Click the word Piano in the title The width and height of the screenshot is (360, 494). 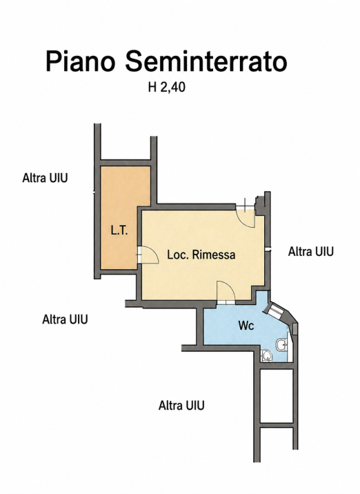click(x=80, y=61)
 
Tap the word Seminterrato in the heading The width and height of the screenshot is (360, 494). click(x=206, y=61)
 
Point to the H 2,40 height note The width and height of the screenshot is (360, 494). click(x=167, y=87)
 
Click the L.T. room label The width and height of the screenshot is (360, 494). click(x=119, y=231)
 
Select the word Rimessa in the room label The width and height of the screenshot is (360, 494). click(x=214, y=255)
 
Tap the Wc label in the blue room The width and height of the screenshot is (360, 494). click(x=246, y=326)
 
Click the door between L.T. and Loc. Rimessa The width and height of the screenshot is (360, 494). click(x=148, y=255)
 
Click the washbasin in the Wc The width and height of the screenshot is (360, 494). click(x=281, y=345)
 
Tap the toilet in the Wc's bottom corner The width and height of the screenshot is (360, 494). click(x=266, y=356)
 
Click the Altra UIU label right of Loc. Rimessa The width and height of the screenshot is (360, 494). click(x=310, y=252)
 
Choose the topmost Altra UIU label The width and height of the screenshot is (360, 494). click(x=45, y=178)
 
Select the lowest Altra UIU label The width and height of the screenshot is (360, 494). click(x=181, y=405)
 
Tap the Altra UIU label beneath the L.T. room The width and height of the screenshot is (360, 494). click(x=65, y=319)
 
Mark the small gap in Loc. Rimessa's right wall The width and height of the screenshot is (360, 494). click(x=268, y=250)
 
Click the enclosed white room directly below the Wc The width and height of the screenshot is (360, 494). click(x=277, y=395)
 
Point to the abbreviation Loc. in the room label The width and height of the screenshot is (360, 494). click(x=178, y=255)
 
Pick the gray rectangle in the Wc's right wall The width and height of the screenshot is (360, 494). click(x=294, y=328)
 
